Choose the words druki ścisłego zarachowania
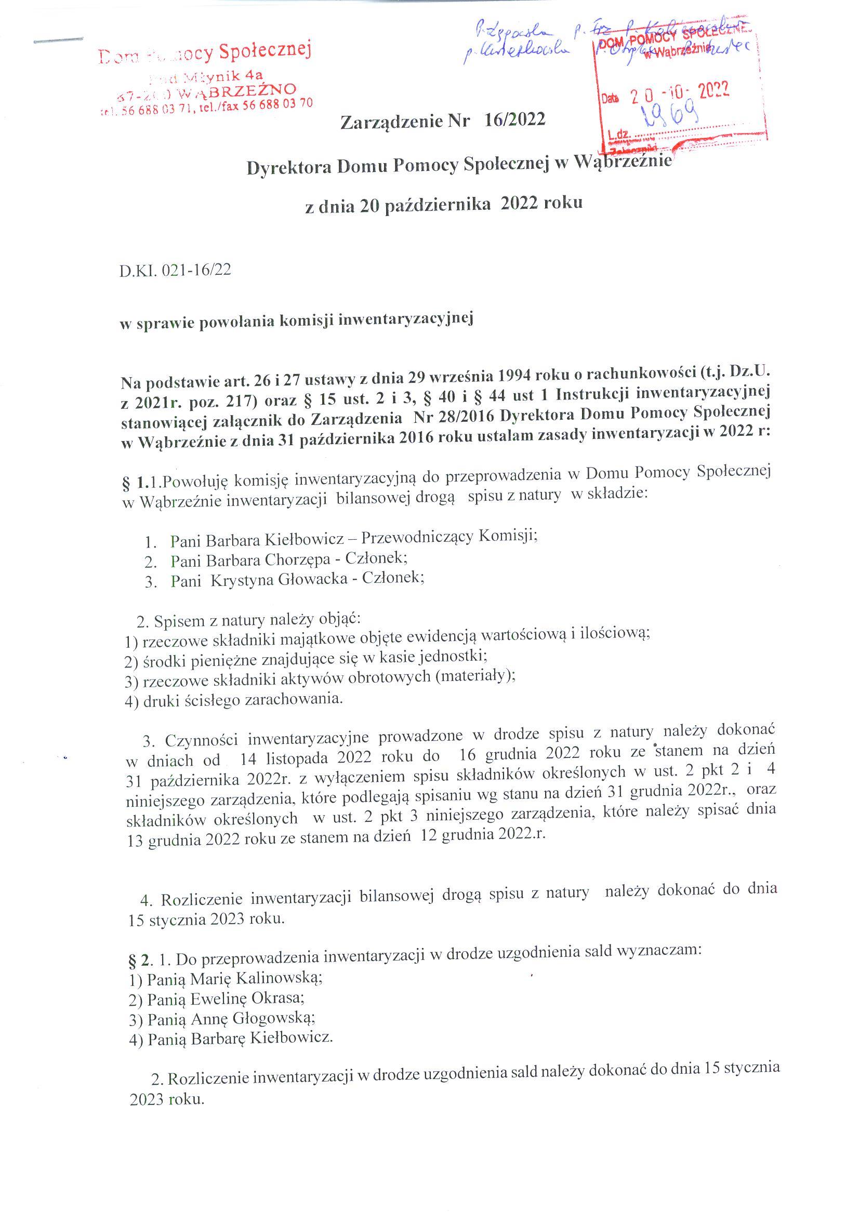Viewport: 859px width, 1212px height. coord(242,700)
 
